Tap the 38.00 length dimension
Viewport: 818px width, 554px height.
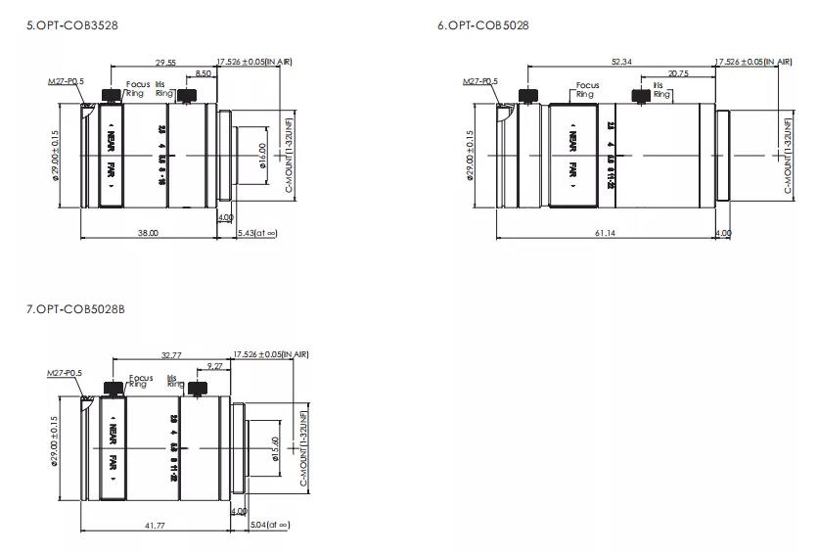click(148, 233)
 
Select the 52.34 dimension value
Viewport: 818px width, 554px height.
click(621, 62)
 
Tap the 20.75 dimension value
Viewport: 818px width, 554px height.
click(677, 73)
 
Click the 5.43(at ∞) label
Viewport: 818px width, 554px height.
click(258, 233)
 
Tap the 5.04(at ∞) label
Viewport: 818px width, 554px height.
click(271, 526)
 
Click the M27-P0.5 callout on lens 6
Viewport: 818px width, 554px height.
click(479, 81)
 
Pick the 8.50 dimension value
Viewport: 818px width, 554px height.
click(203, 73)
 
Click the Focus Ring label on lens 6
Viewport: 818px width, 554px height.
click(586, 90)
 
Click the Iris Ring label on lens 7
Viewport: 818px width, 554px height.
click(174, 381)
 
